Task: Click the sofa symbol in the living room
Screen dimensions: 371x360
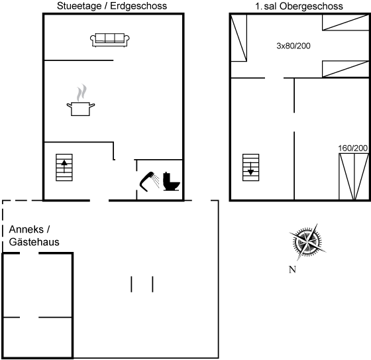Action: [110, 40]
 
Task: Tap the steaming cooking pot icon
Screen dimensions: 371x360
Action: [81, 100]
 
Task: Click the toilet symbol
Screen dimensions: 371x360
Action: [172, 182]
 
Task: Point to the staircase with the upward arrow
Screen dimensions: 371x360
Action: [64, 168]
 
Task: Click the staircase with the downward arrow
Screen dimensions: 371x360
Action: [251, 168]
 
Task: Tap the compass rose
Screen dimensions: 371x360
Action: [307, 242]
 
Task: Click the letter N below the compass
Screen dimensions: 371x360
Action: [292, 270]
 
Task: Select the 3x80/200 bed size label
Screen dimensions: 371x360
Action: [293, 46]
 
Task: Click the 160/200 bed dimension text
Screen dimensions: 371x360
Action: [352, 149]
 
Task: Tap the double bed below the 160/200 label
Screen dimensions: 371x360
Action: [354, 176]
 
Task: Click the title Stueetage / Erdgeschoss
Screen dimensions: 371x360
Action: [112, 6]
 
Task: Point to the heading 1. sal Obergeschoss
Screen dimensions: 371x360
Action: [299, 6]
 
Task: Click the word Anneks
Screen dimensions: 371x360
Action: [26, 229]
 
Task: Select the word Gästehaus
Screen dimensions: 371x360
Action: [34, 242]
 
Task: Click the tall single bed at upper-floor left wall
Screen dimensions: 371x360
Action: [238, 38]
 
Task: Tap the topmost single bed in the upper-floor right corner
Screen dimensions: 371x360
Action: [346, 23]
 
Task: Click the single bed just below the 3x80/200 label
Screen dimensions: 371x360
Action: [346, 69]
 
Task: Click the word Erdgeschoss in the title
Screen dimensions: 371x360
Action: [138, 6]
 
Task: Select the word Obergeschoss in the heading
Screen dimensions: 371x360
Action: [311, 6]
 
